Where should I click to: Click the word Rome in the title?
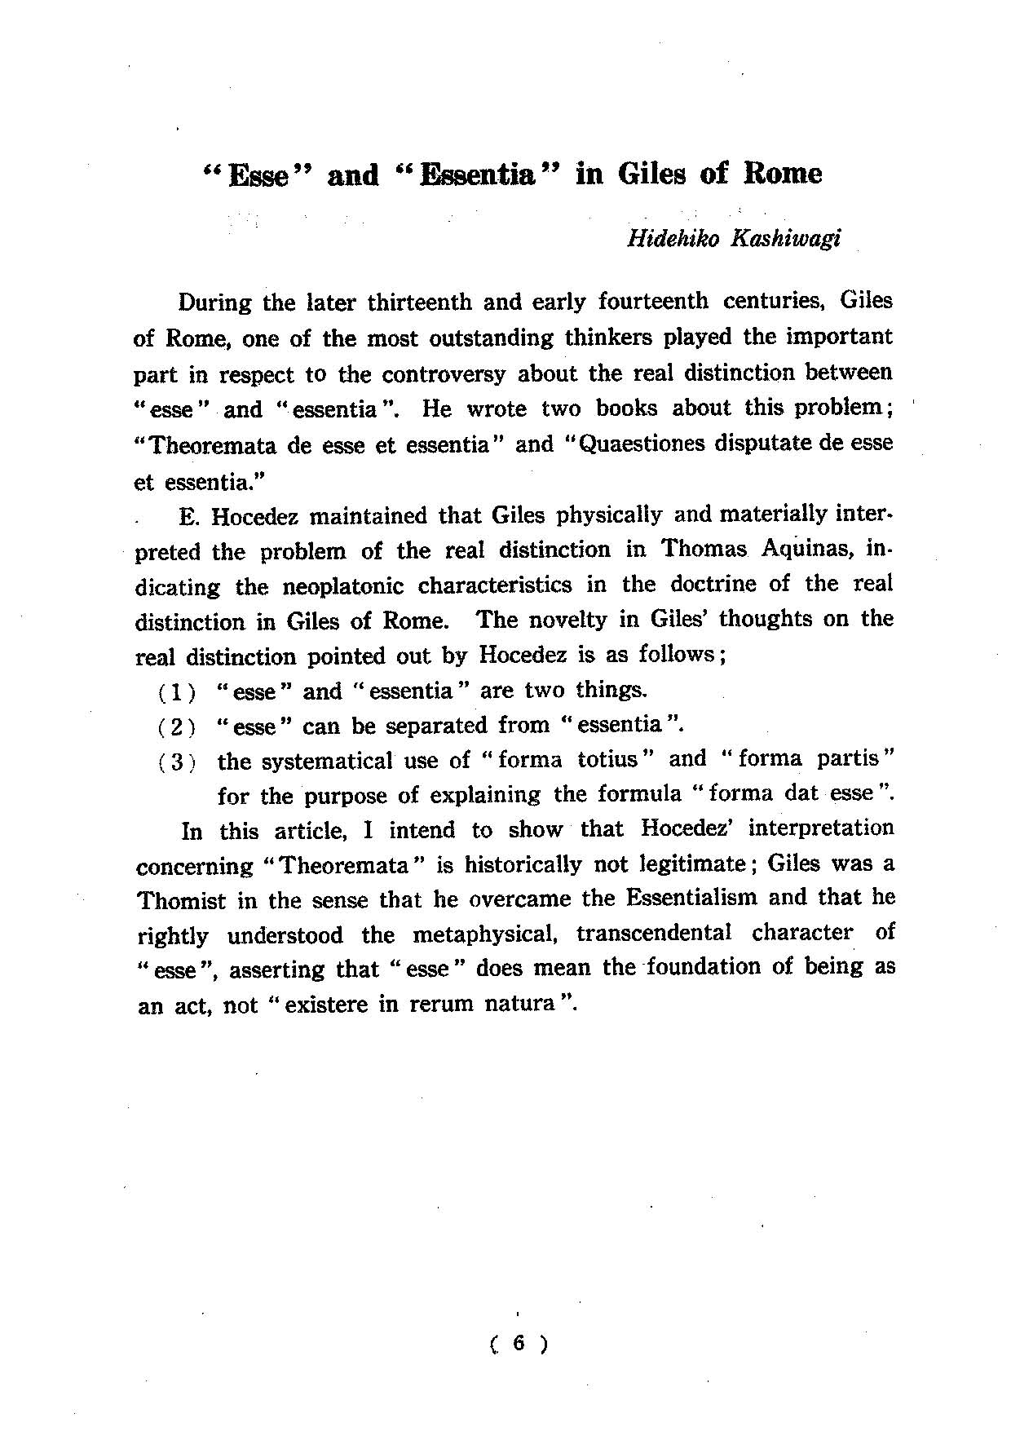point(783,174)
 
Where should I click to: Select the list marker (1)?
point(177,693)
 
